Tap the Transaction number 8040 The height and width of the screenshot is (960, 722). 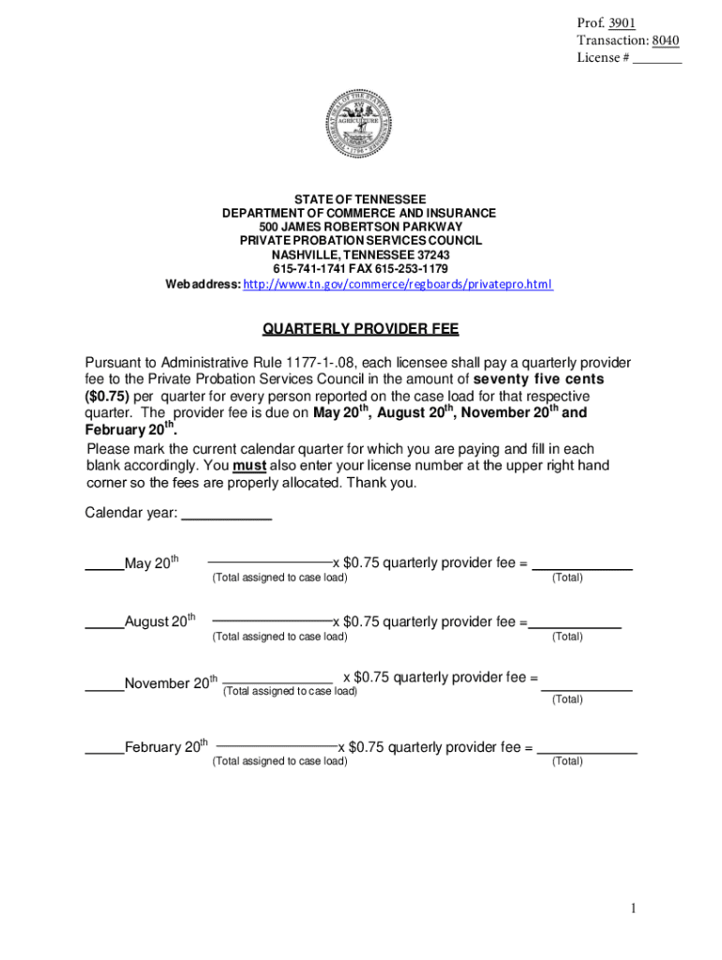(665, 40)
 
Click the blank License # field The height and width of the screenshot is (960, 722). (656, 59)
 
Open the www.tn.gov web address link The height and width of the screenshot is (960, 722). (398, 284)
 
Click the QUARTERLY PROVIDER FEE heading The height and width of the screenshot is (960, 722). (360, 329)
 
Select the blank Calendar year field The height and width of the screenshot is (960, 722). (226, 513)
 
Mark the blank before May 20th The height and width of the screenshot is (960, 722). (104, 564)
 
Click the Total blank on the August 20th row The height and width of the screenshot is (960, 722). (575, 623)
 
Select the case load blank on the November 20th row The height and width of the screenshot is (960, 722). (278, 680)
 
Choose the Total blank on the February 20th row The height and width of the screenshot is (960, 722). (586, 750)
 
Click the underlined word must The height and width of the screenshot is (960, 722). (248, 466)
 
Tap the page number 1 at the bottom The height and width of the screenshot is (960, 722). (634, 908)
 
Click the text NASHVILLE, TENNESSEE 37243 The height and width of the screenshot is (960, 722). (360, 255)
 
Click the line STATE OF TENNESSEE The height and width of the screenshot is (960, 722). (360, 200)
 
